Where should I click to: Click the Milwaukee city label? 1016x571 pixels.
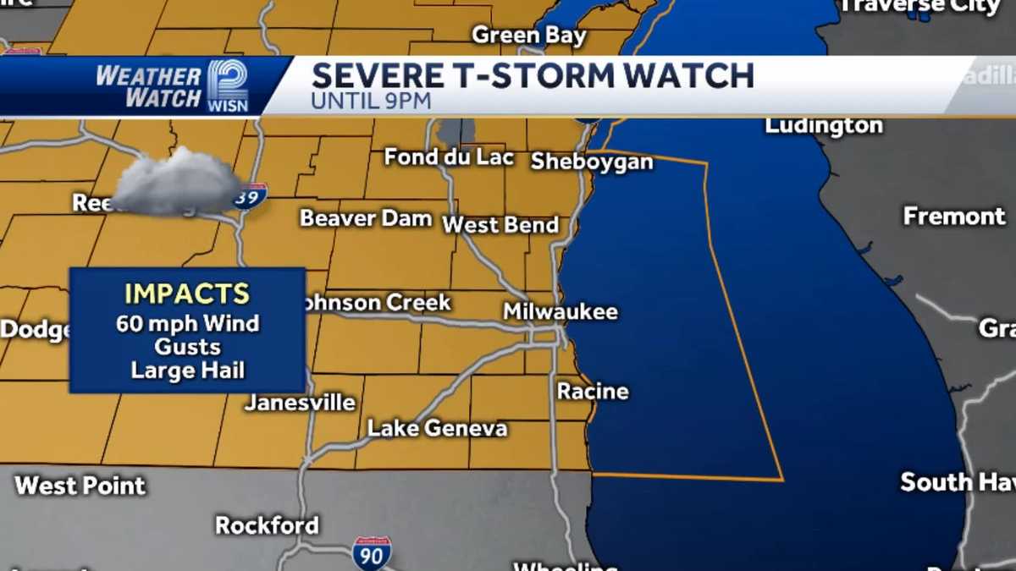(560, 311)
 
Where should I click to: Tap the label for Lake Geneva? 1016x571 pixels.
(437, 428)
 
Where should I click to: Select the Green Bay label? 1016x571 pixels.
(528, 35)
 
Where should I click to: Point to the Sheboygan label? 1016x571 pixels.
(592, 162)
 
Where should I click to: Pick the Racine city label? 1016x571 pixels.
(593, 391)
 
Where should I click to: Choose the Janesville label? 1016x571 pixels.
(300, 403)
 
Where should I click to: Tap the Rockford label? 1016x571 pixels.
(267, 524)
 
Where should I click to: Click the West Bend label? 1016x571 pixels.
(500, 225)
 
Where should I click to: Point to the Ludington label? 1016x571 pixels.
(823, 126)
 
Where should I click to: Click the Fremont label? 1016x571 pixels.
(954, 216)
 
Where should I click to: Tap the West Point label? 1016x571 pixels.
(80, 486)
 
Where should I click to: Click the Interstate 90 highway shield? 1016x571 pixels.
(372, 552)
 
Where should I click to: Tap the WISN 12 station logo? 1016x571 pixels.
(228, 85)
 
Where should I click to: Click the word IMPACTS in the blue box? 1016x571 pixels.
(187, 294)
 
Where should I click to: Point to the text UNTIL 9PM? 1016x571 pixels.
(371, 101)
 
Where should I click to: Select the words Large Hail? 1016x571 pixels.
(187, 370)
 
